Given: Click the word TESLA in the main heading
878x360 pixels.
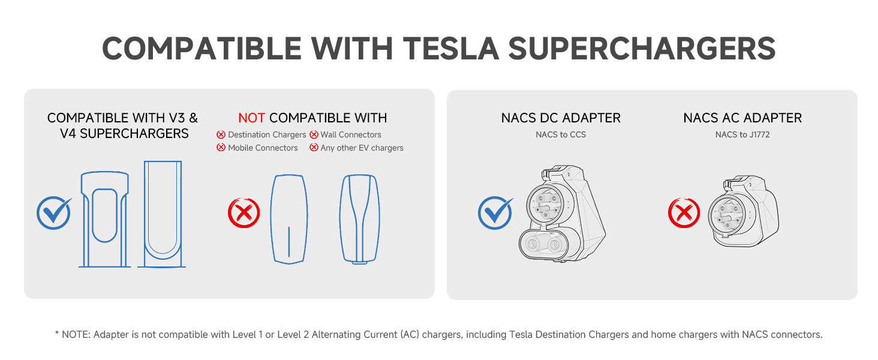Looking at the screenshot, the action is point(451,49).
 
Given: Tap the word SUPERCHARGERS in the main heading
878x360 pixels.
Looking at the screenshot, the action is point(642,49).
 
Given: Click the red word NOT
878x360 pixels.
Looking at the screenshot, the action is point(252,118).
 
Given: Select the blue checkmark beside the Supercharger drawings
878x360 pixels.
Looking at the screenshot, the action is point(54,213).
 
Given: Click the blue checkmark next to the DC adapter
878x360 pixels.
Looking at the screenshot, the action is point(495,213).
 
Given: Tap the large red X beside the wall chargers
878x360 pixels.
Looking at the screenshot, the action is point(244,212).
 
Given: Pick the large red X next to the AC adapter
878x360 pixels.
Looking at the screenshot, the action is point(684,212).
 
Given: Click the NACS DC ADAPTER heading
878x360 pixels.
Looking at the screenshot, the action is point(561,118).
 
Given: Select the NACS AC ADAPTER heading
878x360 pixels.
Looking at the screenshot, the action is point(742,118).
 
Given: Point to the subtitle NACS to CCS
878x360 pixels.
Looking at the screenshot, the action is point(561,134).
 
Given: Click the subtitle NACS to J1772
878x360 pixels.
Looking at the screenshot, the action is point(742,134).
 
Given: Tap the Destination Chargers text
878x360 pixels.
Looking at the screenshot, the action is point(267,134).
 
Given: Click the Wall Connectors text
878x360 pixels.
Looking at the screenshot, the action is point(351,134).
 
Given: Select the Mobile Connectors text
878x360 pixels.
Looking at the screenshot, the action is point(263,148).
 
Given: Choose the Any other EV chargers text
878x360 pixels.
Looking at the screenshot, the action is point(362,148).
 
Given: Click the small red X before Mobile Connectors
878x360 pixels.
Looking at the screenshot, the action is point(221,148).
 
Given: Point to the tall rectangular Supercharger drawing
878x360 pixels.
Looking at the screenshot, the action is point(161,214).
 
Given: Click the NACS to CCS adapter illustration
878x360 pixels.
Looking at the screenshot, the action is point(562,214).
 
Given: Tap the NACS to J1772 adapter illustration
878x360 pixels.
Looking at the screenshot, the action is point(744,211).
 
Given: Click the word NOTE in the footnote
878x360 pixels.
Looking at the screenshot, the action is point(76,335).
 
